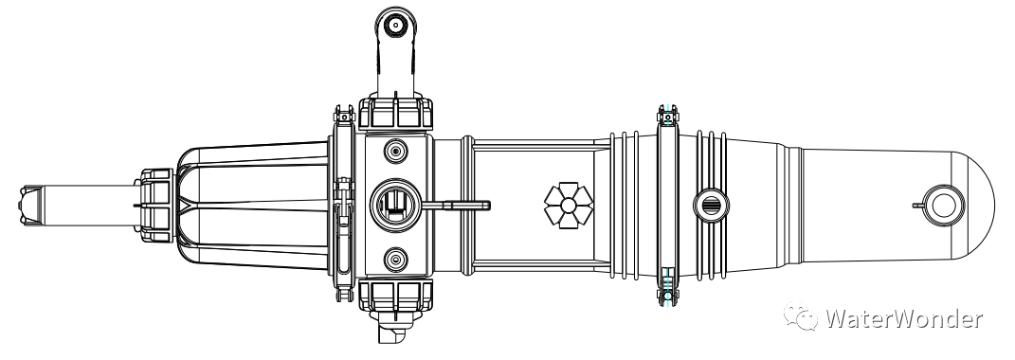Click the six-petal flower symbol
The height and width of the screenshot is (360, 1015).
pyautogui.click(x=568, y=206)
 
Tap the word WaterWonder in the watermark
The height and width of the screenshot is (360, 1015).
pyautogui.click(x=904, y=318)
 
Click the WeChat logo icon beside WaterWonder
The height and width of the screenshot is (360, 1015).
pyautogui.click(x=802, y=316)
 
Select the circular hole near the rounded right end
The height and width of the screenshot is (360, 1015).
pyautogui.click(x=943, y=206)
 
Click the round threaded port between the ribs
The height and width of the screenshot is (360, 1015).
pyautogui.click(x=711, y=206)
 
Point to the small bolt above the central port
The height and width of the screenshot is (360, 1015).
pyautogui.click(x=395, y=153)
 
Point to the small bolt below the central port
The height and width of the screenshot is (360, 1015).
pyautogui.click(x=395, y=260)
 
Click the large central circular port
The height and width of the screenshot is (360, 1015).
pyautogui.click(x=396, y=206)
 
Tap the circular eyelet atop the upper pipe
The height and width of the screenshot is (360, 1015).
pyautogui.click(x=394, y=26)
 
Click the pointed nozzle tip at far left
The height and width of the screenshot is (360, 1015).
pyautogui.click(x=27, y=206)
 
